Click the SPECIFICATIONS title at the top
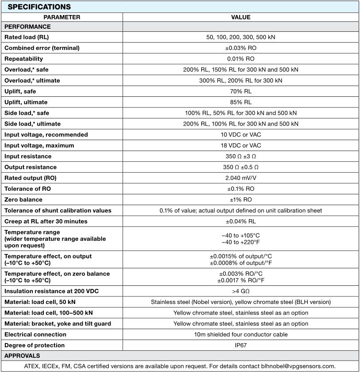[39, 7]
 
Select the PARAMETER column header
[62, 17]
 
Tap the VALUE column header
[241, 17]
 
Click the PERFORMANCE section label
[27, 27]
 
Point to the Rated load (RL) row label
[27, 37]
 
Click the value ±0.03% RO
[241, 48]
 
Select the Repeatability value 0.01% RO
[241, 59]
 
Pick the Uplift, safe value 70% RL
[241, 91]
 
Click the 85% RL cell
[241, 102]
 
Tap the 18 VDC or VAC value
[241, 145]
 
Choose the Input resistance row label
[28, 156]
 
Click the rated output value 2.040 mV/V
[241, 178]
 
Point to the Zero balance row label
[23, 200]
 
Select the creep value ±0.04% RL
[241, 221]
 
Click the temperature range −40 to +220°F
[241, 242]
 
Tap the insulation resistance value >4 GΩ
[241, 291]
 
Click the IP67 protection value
[241, 345]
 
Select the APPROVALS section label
[22, 356]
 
